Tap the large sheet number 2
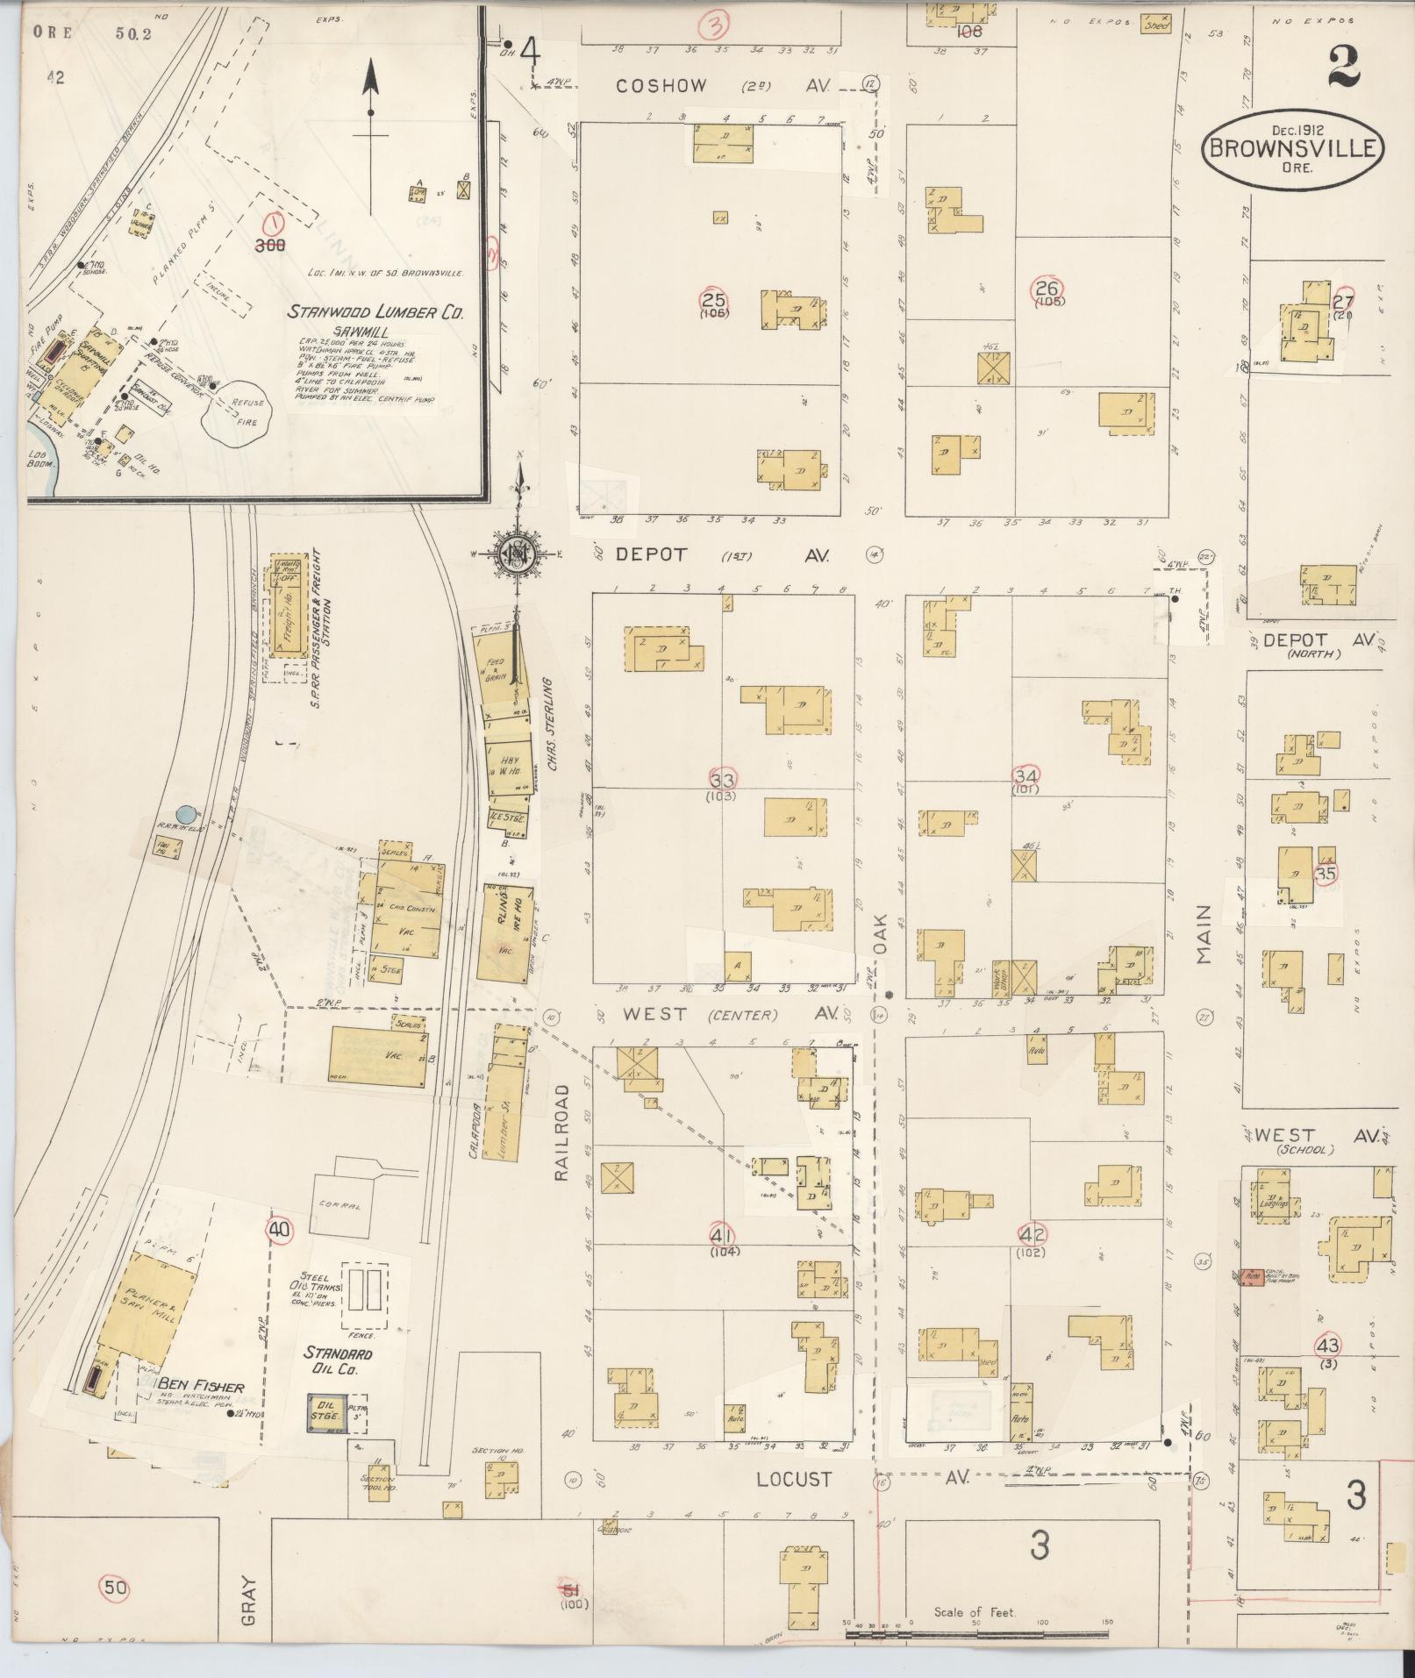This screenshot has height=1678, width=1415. click(1343, 67)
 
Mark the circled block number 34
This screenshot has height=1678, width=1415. click(1026, 776)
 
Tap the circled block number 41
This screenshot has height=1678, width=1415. click(725, 1234)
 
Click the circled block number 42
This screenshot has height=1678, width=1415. click(1032, 1234)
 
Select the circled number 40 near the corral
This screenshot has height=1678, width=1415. click(280, 1231)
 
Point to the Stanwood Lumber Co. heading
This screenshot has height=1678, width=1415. click(377, 311)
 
